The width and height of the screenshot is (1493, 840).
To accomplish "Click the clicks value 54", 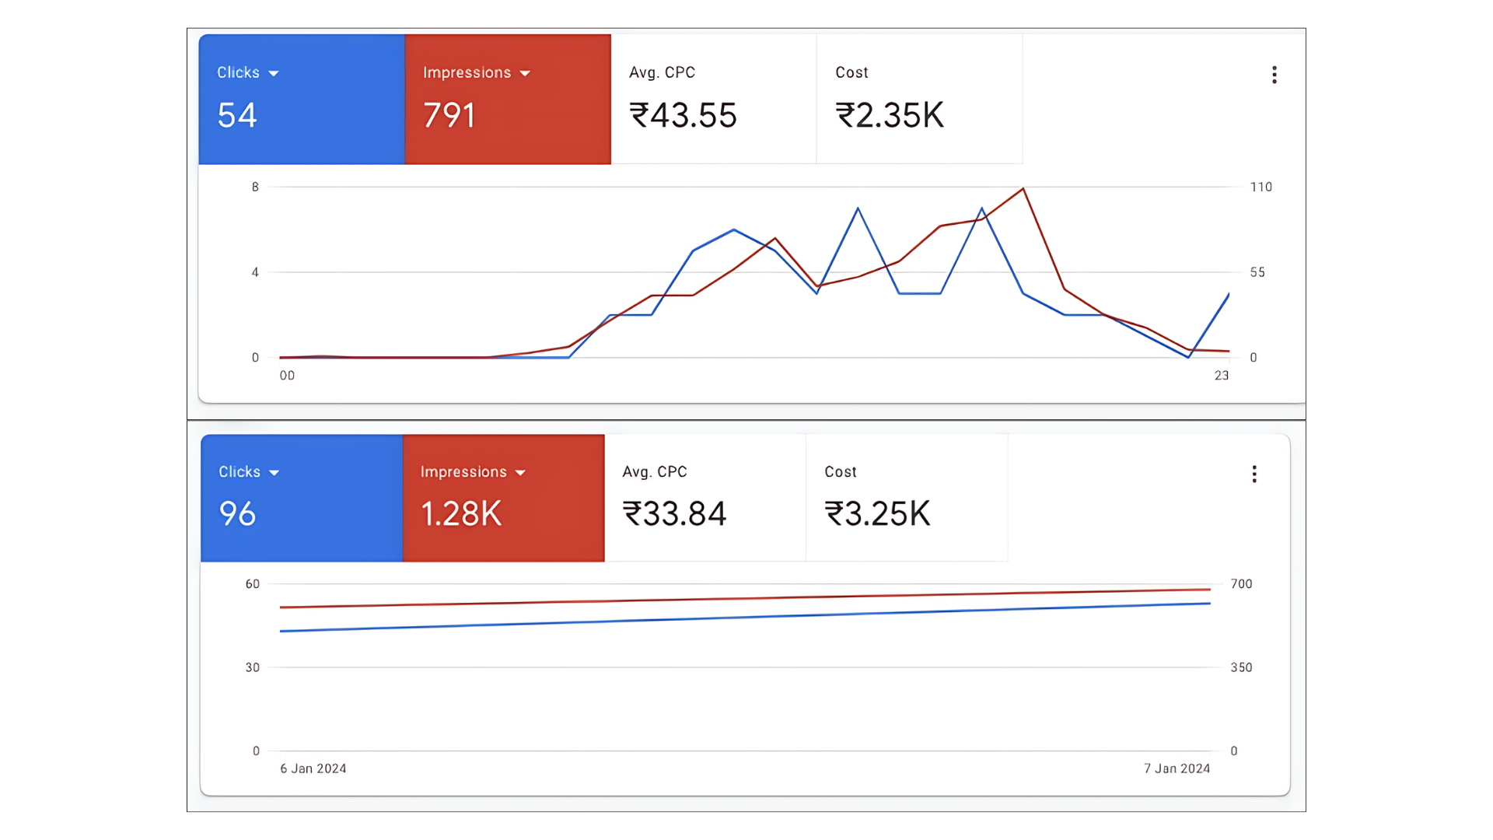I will pyautogui.click(x=237, y=116).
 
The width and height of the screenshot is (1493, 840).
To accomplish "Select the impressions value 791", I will pyautogui.click(x=449, y=116).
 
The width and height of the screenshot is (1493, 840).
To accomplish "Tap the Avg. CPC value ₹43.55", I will pyautogui.click(x=683, y=116).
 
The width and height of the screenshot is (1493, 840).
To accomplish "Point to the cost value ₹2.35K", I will pyautogui.click(x=890, y=116).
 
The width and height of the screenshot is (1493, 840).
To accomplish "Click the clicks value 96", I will pyautogui.click(x=237, y=514).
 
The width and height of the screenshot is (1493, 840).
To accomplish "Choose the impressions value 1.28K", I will pyautogui.click(x=461, y=514).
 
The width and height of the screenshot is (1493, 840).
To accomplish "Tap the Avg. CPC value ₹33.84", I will pyautogui.click(x=674, y=514).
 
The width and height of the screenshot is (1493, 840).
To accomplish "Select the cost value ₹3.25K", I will pyautogui.click(x=877, y=514).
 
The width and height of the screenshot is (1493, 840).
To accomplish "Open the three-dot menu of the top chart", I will pyautogui.click(x=1274, y=75).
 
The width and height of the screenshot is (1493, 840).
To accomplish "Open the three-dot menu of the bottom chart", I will pyautogui.click(x=1254, y=474).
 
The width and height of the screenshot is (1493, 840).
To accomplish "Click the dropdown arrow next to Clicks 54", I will pyautogui.click(x=274, y=74).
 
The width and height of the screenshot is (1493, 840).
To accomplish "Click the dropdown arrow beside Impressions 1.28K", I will pyautogui.click(x=520, y=473).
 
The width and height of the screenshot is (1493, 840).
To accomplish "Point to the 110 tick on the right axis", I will pyautogui.click(x=1260, y=187).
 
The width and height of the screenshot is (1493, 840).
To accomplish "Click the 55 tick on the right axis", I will pyautogui.click(x=1257, y=272).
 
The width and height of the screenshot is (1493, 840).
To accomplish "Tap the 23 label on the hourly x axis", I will pyautogui.click(x=1222, y=376).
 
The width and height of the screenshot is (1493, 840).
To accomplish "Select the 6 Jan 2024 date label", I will pyautogui.click(x=313, y=768).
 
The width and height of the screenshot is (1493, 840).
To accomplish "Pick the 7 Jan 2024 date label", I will pyautogui.click(x=1177, y=768).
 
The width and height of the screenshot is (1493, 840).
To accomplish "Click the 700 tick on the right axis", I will pyautogui.click(x=1241, y=584).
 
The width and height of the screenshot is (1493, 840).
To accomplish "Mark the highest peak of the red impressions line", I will pyautogui.click(x=1023, y=189).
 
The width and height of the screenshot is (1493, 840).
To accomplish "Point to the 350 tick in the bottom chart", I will pyautogui.click(x=1241, y=667).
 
